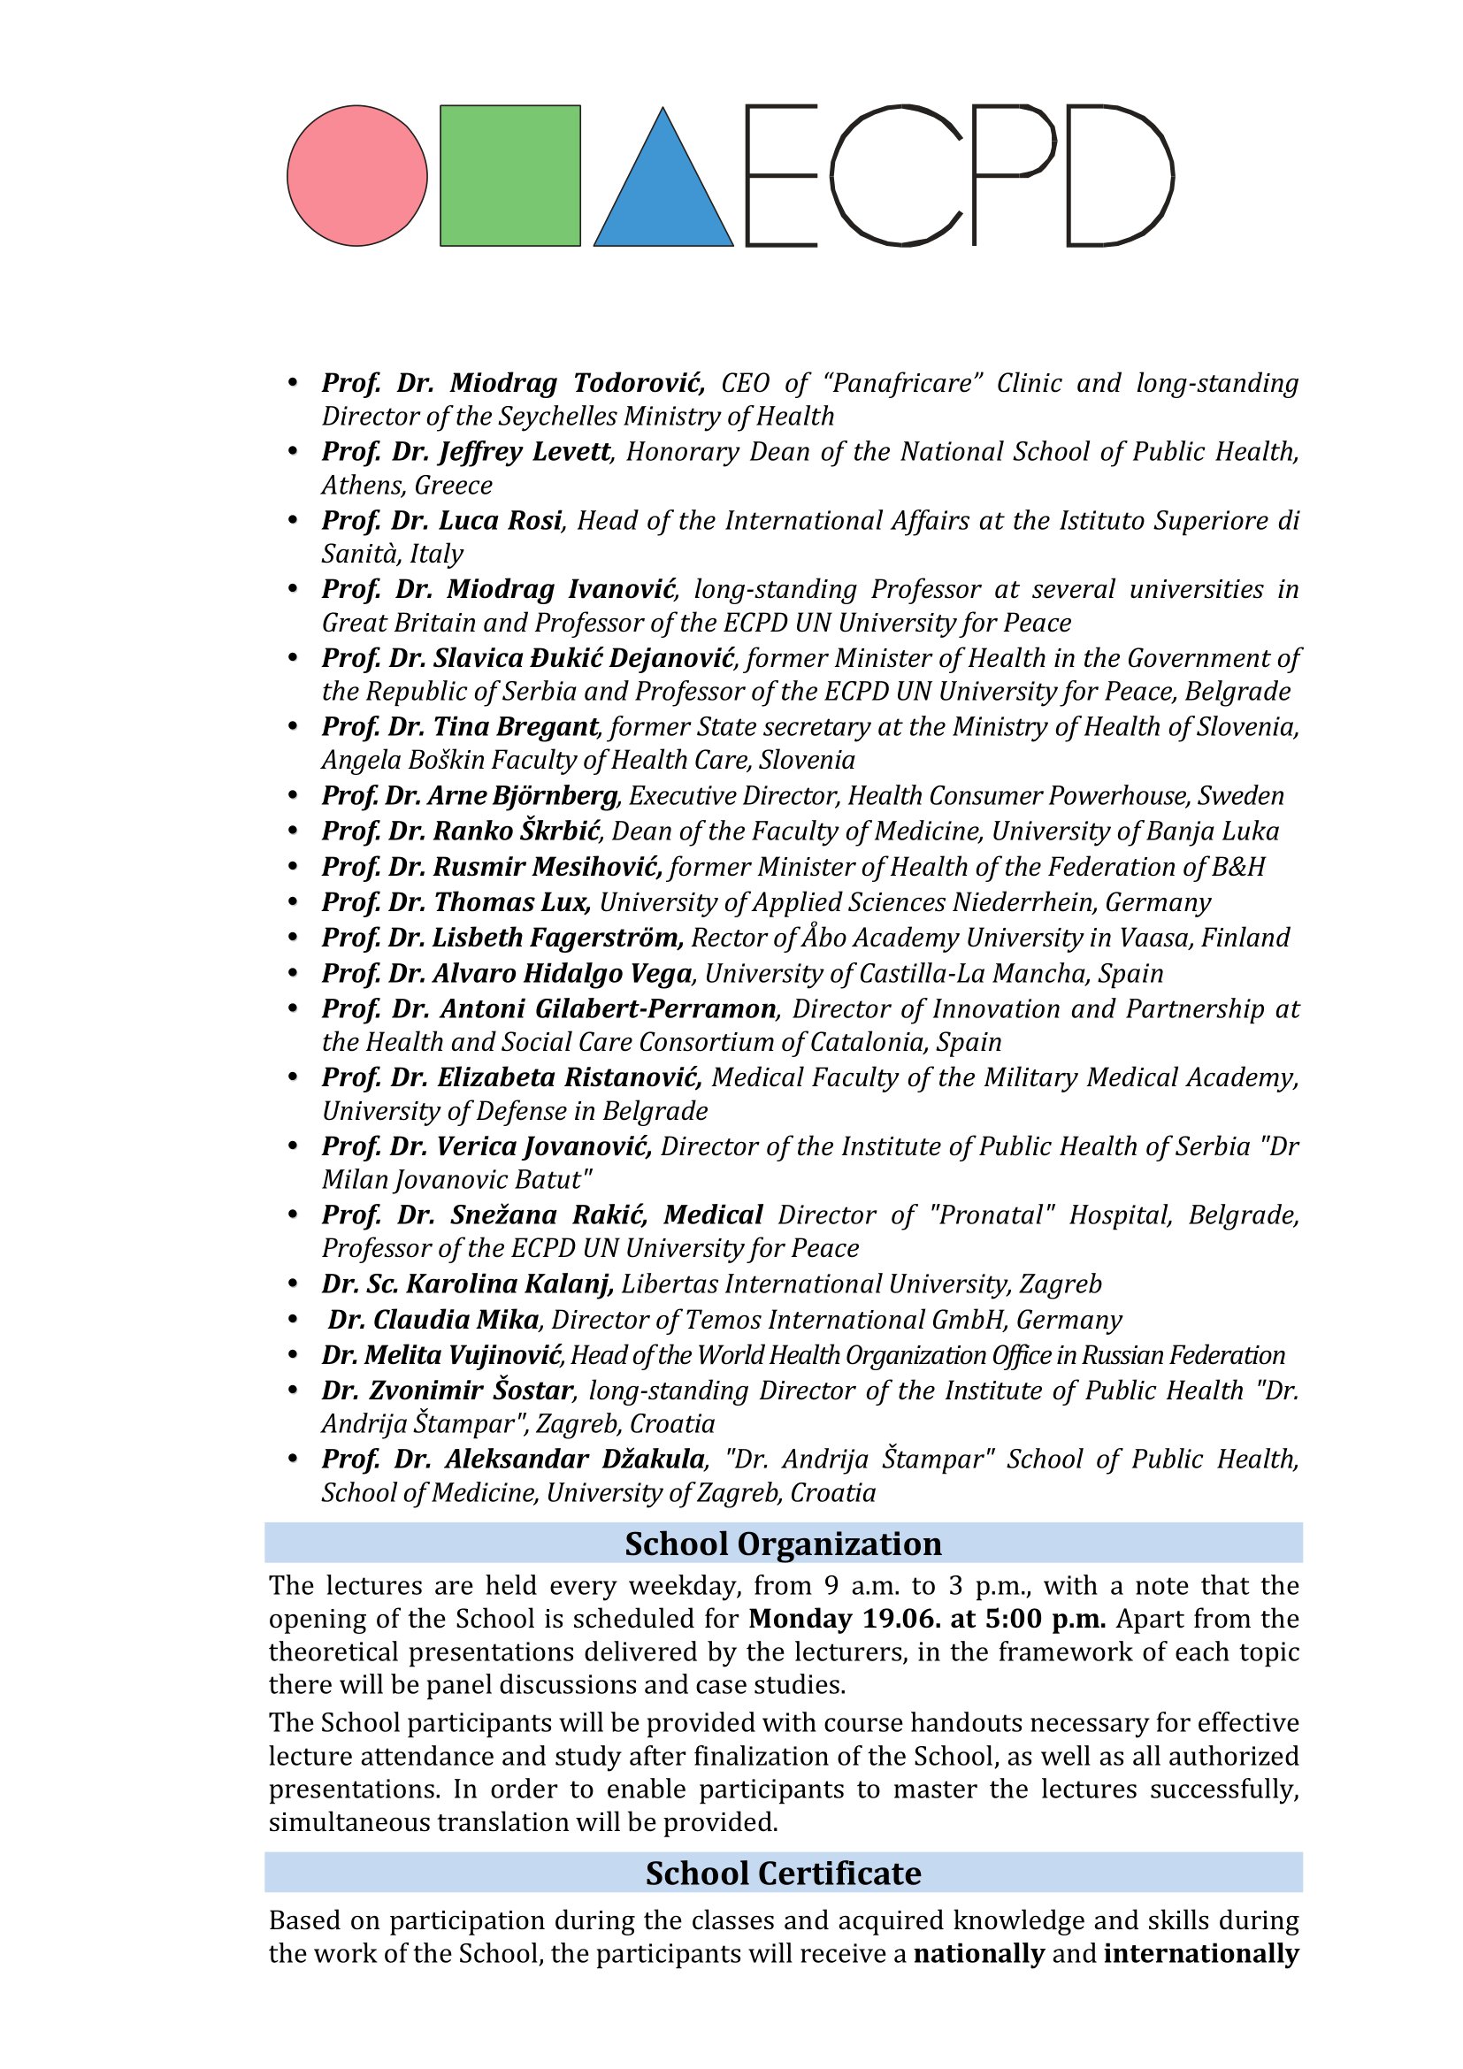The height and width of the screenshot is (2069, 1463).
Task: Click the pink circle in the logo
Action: tap(356, 176)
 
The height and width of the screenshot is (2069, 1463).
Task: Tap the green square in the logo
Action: tap(509, 176)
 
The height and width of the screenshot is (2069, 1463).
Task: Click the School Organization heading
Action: tap(783, 1544)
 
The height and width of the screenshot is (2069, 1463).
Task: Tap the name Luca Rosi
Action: tap(500, 521)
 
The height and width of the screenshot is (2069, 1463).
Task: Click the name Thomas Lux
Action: tap(510, 903)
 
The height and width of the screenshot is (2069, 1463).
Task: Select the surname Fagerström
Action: tap(602, 938)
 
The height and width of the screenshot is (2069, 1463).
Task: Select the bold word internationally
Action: tap(1201, 1954)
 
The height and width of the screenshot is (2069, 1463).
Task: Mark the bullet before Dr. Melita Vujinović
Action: tap(292, 1355)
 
